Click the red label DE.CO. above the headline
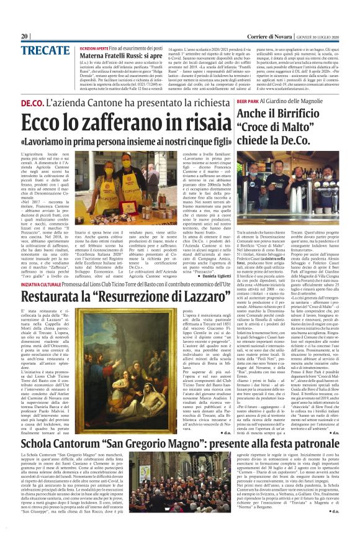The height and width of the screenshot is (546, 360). pyautogui.click(x=34, y=101)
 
